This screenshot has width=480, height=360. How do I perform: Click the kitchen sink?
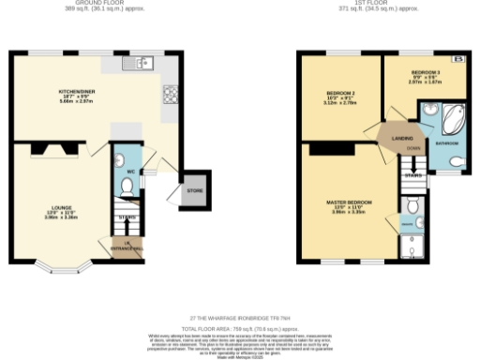click(142, 64)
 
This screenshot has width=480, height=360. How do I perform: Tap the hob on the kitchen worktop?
click(172, 94)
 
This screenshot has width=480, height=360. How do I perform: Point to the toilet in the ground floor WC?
click(127, 186)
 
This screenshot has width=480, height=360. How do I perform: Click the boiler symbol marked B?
click(459, 60)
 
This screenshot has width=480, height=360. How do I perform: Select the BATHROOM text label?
click(446, 143)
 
